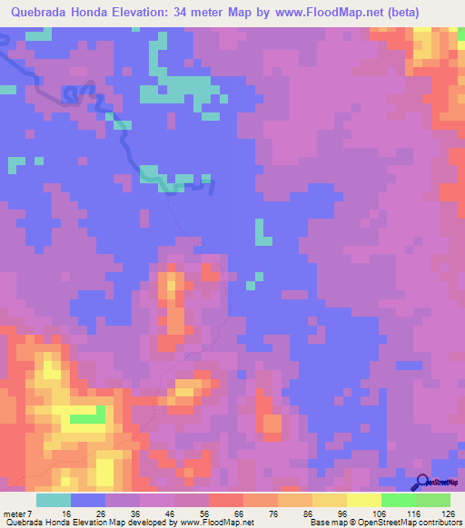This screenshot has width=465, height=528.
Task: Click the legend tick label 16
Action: pyautogui.click(x=66, y=513)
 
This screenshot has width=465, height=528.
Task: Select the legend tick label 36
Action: pyautogui.click(x=135, y=513)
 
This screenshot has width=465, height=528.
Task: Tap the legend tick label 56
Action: pyautogui.click(x=204, y=513)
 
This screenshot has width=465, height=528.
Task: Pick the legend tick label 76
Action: pyautogui.click(x=273, y=513)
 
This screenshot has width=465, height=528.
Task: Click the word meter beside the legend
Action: pyautogui.click(x=15, y=513)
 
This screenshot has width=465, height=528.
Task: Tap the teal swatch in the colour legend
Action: pyautogui.click(x=54, y=500)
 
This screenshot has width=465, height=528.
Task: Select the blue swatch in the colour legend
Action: pyautogui.click(x=88, y=500)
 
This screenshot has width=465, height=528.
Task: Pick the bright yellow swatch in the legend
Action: pyautogui.click(x=363, y=500)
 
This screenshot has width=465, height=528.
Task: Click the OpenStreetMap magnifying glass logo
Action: pyautogui.click(x=423, y=482)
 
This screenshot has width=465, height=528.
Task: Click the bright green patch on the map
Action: pyautogui.click(x=87, y=416)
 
